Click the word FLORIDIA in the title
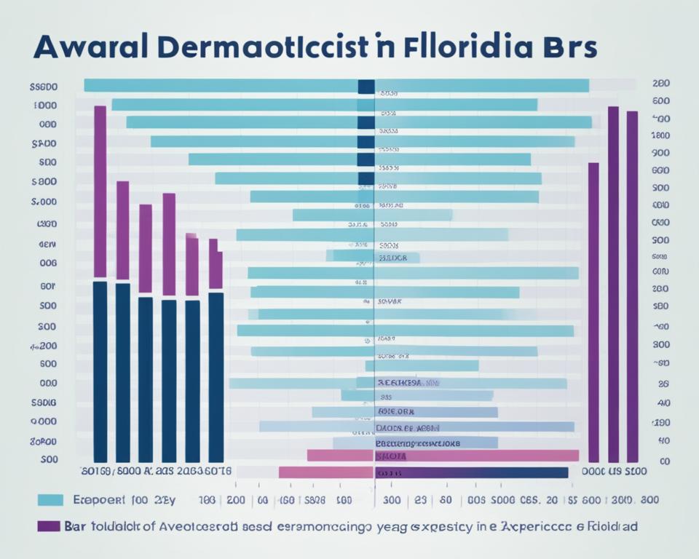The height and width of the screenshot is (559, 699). point(464,47)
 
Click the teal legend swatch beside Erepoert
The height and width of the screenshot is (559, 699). point(50,500)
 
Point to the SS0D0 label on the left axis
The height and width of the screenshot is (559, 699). point(44,87)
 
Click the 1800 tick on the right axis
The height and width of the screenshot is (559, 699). point(660,135)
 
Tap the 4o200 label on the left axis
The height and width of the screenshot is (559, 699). point(44,346)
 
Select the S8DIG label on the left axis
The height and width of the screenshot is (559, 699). point(44,402)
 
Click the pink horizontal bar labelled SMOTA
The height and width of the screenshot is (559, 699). point(442,456)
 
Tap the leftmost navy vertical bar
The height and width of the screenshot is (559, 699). point(100,371)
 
